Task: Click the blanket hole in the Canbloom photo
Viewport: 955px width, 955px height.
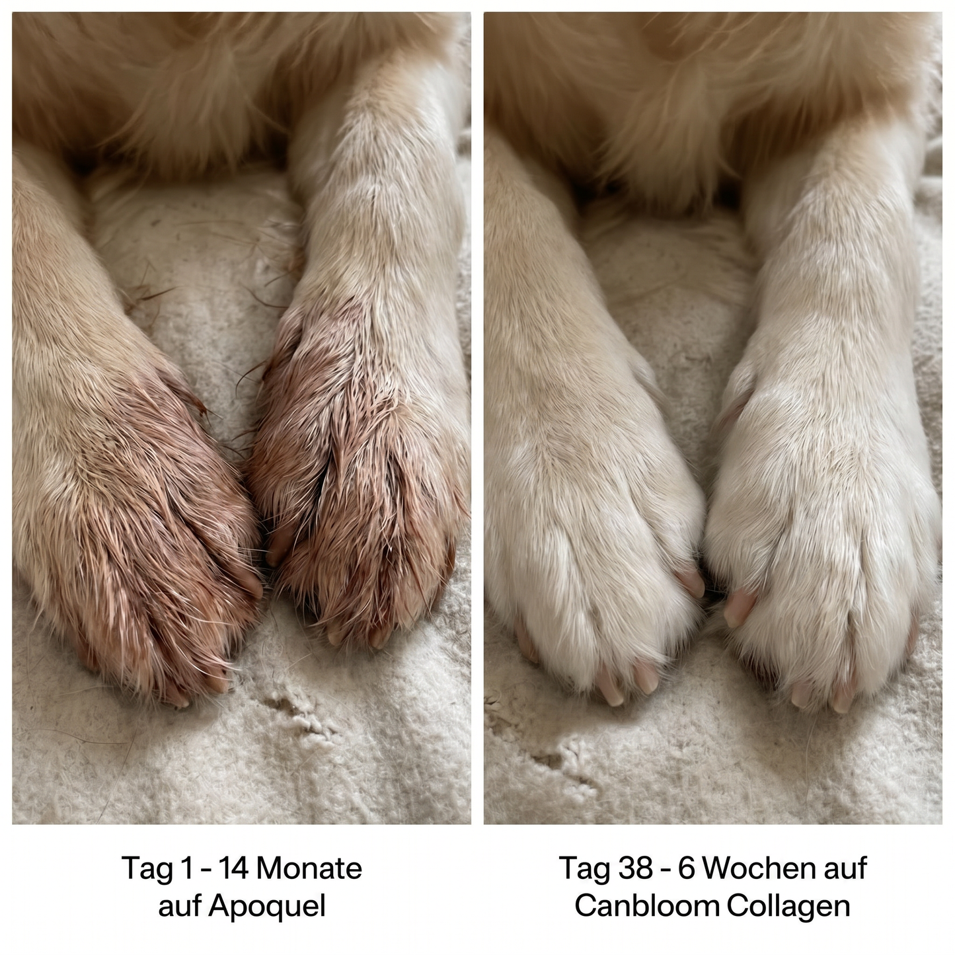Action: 559,763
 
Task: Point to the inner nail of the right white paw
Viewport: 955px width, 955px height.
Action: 740,607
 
